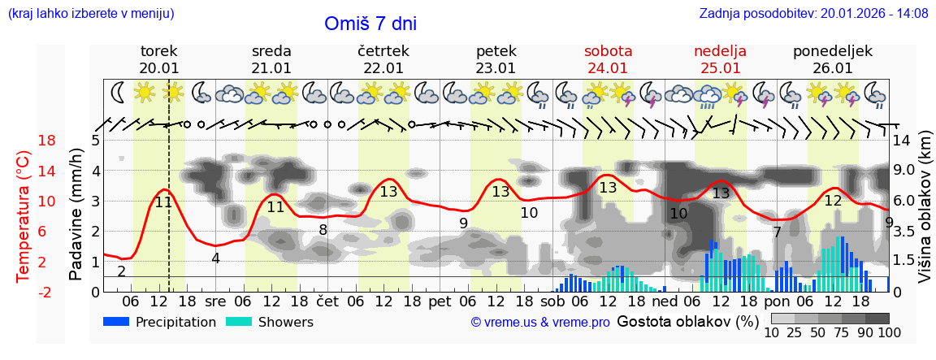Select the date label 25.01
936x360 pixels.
click(720, 68)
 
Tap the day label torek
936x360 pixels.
click(159, 51)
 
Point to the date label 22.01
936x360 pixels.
click(383, 68)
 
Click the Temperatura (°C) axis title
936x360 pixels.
click(24, 215)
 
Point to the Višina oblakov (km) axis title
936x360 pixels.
click(925, 215)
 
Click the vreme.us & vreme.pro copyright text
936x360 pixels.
click(540, 323)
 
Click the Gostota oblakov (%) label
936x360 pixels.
click(687, 321)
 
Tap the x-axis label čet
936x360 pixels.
click(327, 301)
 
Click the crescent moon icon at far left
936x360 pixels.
click(119, 93)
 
